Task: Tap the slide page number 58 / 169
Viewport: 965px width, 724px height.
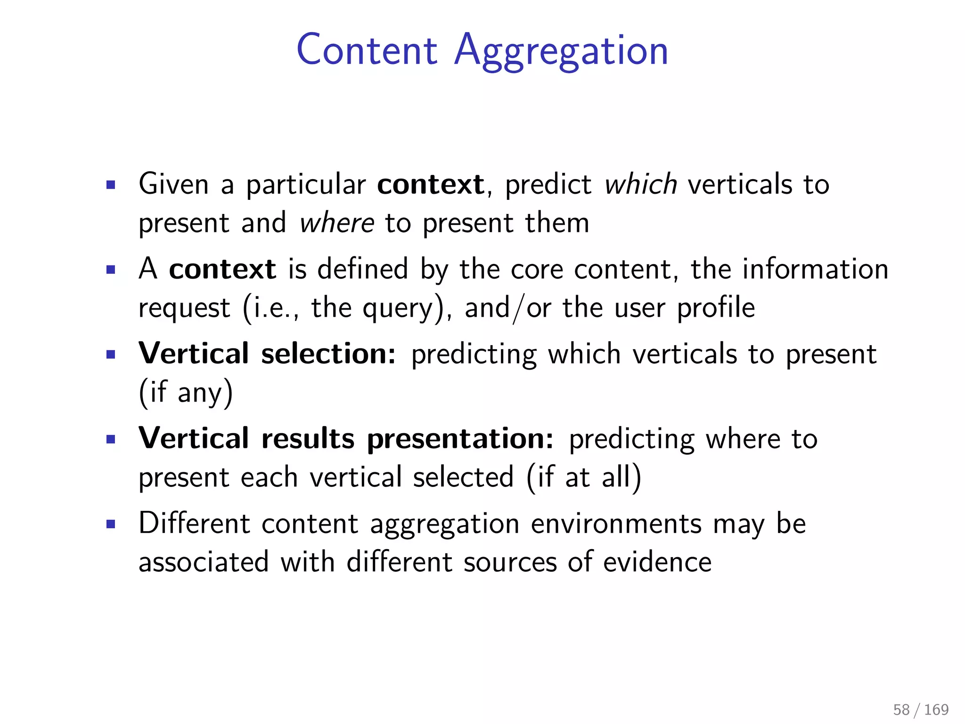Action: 921,709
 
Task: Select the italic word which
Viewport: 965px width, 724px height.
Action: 641,184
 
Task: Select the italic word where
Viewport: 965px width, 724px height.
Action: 336,222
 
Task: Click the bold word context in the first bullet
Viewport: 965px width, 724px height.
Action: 430,184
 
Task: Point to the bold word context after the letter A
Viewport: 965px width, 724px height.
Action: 222,269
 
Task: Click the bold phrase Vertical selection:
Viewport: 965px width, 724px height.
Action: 267,354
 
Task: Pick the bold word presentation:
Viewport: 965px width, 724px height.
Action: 460,439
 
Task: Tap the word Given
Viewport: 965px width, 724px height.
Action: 173,184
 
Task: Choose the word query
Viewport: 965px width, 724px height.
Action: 403,309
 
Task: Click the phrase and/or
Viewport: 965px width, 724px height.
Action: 507,308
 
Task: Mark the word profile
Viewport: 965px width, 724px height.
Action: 716,308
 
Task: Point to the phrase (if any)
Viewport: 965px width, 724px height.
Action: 186,393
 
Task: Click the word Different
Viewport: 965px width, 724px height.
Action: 194,524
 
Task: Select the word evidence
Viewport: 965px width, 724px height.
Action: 657,562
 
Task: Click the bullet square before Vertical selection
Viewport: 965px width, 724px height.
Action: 111,354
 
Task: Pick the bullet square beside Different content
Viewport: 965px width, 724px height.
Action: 111,524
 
